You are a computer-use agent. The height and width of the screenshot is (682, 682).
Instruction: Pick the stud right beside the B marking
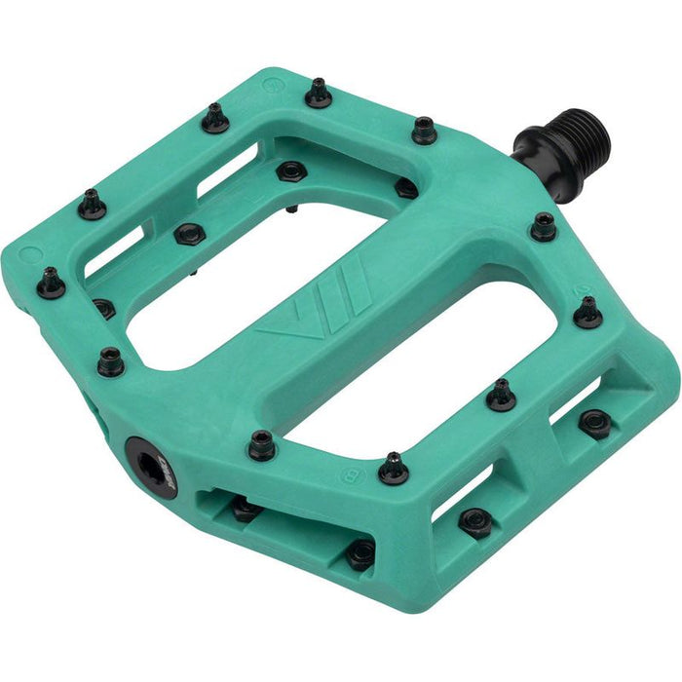[393, 469]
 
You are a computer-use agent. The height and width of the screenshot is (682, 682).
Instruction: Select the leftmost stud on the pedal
[51, 283]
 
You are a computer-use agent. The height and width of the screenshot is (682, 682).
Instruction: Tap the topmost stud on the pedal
[319, 93]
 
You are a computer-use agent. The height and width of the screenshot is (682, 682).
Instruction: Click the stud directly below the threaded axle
[544, 228]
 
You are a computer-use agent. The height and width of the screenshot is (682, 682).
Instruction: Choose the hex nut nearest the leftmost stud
[103, 309]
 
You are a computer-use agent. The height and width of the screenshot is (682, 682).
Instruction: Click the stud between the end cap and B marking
[261, 445]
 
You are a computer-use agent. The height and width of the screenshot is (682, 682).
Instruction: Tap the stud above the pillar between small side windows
[501, 394]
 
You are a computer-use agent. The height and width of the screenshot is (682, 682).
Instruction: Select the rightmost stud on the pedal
[587, 312]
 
